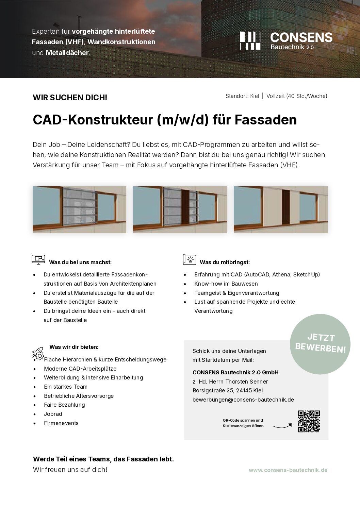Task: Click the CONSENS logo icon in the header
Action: click(250, 40)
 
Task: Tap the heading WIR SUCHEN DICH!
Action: click(70, 98)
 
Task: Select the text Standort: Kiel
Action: click(242, 96)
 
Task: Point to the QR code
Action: click(309, 421)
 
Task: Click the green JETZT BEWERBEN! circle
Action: click(320, 344)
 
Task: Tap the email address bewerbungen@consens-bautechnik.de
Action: click(243, 400)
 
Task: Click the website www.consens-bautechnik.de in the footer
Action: click(288, 470)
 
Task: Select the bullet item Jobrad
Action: click(53, 414)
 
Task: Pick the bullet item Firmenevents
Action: click(61, 423)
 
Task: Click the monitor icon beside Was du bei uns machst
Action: click(38, 259)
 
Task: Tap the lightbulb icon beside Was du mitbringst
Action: click(190, 259)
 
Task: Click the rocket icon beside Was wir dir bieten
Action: click(38, 353)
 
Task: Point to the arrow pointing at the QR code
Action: click(282, 425)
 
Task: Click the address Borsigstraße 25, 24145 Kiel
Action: click(228, 391)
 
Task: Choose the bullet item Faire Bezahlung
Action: click(64, 405)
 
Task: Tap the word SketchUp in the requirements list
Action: click(306, 275)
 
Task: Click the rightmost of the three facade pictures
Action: click(280, 210)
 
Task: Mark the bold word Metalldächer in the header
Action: click(67, 53)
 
